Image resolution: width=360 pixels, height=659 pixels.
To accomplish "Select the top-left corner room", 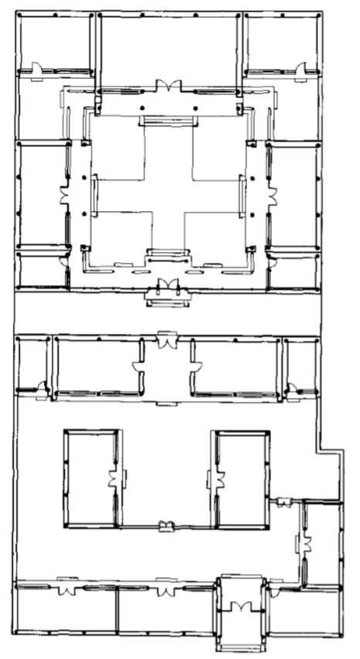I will pyautogui.click(x=53, y=42).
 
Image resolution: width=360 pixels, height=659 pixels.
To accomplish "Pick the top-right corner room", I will pyautogui.click(x=282, y=42).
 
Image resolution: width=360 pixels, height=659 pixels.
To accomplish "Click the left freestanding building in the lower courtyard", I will pyautogui.click(x=91, y=479).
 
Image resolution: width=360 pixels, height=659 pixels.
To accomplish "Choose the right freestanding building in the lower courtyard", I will pyautogui.click(x=241, y=479).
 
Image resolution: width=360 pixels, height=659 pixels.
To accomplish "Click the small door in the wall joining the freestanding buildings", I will pyautogui.click(x=164, y=527).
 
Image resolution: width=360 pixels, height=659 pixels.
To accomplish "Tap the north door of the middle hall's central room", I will pyautogui.click(x=164, y=339).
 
